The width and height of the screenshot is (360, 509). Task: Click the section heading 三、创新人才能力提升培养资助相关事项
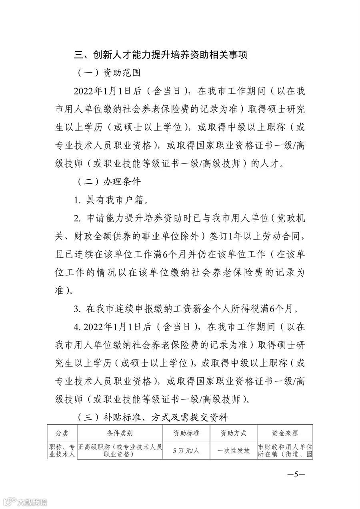pos(160,55)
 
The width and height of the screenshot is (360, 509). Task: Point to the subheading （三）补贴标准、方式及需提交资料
pos(152,418)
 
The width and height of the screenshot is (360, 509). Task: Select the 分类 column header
pos(62,433)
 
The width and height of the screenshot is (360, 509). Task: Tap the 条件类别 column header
pos(120,433)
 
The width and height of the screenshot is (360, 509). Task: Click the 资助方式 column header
pos(234,433)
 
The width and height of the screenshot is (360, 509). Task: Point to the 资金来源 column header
pos(285,433)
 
